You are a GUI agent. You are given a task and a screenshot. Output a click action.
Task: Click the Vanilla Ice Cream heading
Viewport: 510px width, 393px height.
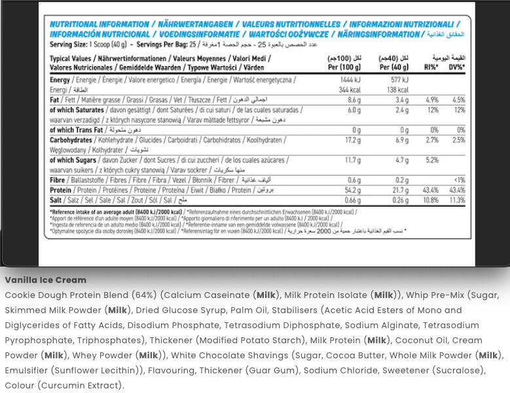[46, 280]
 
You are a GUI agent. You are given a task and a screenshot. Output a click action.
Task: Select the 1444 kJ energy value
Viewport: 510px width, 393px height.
[350, 79]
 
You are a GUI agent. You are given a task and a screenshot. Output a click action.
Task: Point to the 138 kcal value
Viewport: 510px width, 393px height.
[397, 90]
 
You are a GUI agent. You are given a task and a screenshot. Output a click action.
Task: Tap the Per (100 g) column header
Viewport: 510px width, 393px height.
[344, 67]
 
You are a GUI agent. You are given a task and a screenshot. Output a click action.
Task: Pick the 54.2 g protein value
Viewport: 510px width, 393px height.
[353, 190]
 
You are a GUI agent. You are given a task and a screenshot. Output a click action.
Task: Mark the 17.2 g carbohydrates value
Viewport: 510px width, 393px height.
[353, 140]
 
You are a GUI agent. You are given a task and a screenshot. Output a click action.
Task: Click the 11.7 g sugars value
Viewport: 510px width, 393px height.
[353, 160]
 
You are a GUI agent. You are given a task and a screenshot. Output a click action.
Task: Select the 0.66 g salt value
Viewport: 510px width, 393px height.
[353, 200]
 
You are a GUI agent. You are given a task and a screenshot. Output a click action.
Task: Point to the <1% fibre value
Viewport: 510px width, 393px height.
[459, 180]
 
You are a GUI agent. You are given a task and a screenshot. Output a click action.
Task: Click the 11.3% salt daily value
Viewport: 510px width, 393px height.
[457, 200]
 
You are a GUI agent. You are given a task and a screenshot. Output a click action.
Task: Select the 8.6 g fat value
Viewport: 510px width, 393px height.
[354, 100]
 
